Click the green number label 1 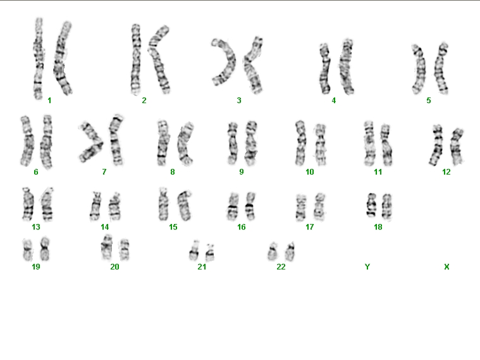click(49, 100)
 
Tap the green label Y click(367, 267)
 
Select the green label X click(446, 267)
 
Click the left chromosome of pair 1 click(39, 58)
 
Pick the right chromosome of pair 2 click(159, 59)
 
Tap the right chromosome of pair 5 click(441, 68)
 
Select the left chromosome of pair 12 click(437, 146)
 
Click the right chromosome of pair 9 click(251, 144)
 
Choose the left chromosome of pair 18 click(371, 204)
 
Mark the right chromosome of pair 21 click(210, 252)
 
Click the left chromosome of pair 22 click(272, 252)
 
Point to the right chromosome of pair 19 click(45, 249)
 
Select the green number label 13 click(36, 227)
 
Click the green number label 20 click(114, 267)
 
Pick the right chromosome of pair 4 click(347, 66)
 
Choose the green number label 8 click(173, 172)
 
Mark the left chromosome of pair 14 click(95, 206)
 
